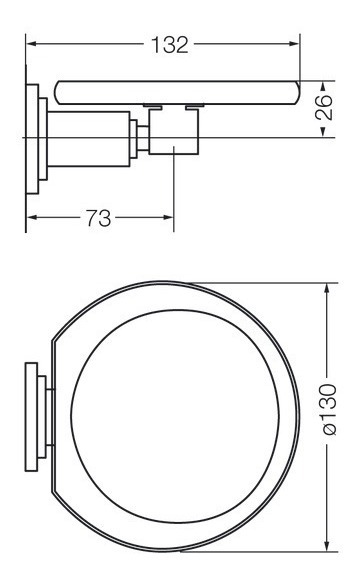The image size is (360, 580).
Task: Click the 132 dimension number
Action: pos(170,45)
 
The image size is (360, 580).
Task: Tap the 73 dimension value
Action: pos(98,218)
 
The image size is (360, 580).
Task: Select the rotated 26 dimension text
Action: pos(324,107)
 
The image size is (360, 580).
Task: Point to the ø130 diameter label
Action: pos(329,409)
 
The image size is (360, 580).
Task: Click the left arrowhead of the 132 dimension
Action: pos(31,44)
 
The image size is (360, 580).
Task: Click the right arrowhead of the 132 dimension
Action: pos(294,44)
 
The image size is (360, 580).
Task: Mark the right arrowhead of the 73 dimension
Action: pos(168,217)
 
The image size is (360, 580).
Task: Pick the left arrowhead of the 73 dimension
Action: pos(31,217)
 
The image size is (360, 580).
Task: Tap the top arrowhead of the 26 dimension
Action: pos(323,86)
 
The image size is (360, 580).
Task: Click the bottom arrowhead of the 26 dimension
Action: pos(323,132)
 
